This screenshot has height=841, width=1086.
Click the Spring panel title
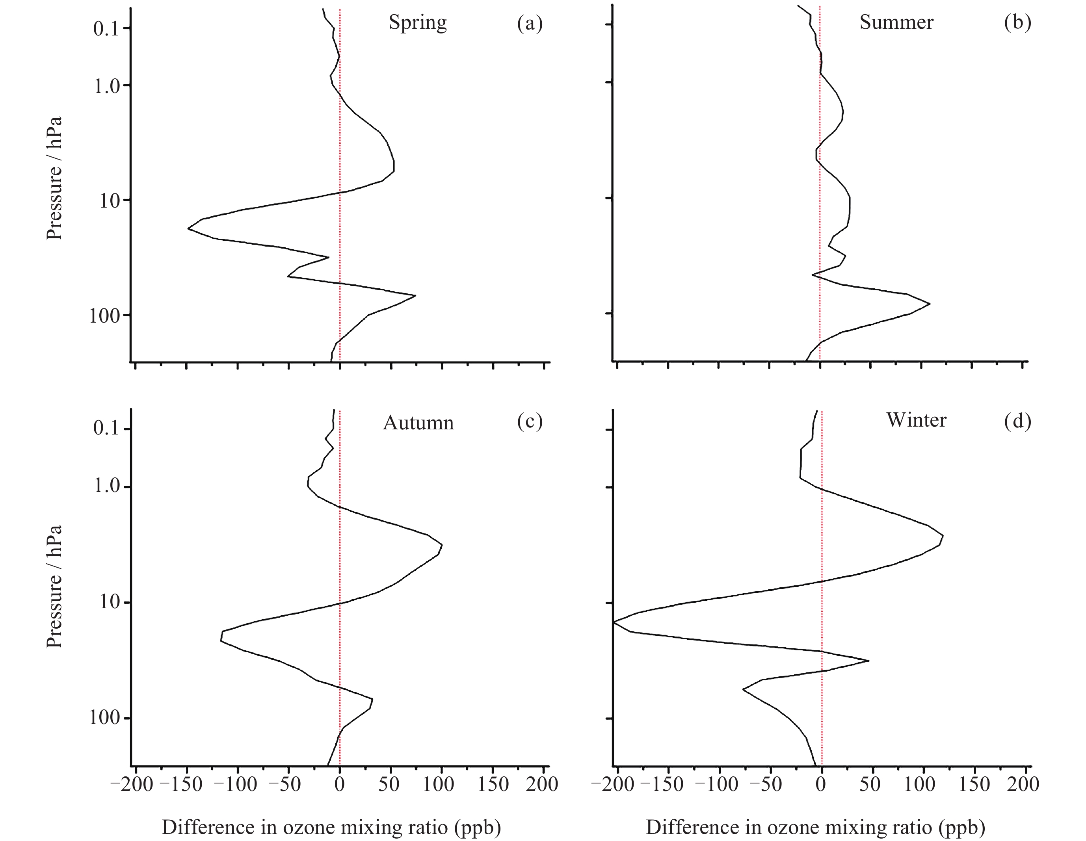tap(418, 23)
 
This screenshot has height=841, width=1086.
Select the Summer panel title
tap(896, 23)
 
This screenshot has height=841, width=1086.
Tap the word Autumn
tap(418, 423)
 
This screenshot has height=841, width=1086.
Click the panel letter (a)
tap(530, 23)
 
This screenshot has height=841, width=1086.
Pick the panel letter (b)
tap(1017, 23)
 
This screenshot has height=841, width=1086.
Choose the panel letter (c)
tap(530, 421)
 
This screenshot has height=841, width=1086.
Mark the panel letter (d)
tap(1017, 421)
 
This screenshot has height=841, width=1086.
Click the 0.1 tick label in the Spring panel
tap(106, 29)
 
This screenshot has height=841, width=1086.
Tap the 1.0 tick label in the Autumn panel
tap(106, 486)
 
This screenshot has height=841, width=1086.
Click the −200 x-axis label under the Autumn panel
tap(131, 785)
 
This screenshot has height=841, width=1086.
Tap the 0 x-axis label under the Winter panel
tap(820, 785)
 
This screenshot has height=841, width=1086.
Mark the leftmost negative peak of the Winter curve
tap(614, 622)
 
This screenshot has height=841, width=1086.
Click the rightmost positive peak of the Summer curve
tap(929, 304)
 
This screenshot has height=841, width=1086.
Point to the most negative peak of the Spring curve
tap(188, 228)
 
